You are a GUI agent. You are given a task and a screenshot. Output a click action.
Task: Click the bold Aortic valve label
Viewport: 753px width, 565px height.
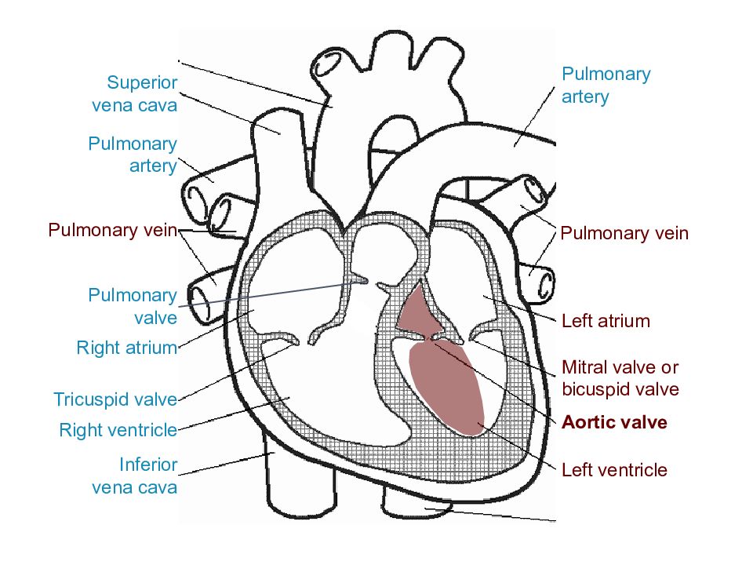click(x=614, y=422)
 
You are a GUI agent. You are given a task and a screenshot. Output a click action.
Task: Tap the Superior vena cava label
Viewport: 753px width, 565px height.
click(x=135, y=93)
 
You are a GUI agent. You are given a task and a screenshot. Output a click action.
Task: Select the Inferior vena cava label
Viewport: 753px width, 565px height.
click(x=135, y=476)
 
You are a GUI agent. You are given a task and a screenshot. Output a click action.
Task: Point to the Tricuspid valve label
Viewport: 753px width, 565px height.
click(x=115, y=399)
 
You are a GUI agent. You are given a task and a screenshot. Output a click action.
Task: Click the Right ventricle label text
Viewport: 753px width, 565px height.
click(x=118, y=430)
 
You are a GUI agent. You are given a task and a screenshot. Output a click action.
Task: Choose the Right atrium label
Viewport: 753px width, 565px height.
click(x=127, y=348)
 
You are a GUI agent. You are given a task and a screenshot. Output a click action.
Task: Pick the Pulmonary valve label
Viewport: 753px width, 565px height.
click(x=133, y=306)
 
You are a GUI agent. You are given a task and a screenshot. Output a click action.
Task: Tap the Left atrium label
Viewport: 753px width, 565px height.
click(x=606, y=320)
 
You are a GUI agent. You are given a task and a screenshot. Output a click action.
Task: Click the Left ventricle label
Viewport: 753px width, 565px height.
click(x=614, y=469)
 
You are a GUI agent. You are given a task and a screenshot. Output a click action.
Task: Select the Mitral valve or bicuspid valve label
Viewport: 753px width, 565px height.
click(x=620, y=378)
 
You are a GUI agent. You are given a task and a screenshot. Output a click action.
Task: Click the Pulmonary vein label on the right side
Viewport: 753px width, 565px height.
click(x=624, y=233)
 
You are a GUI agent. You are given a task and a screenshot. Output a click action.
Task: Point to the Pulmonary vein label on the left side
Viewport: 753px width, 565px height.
click(x=113, y=230)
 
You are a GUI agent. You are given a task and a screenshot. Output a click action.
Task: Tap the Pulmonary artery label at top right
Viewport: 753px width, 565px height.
click(x=606, y=85)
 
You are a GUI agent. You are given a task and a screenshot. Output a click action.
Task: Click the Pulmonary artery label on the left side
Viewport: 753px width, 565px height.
click(x=133, y=155)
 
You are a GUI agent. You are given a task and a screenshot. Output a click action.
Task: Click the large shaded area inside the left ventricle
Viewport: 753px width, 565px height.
click(x=446, y=385)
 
